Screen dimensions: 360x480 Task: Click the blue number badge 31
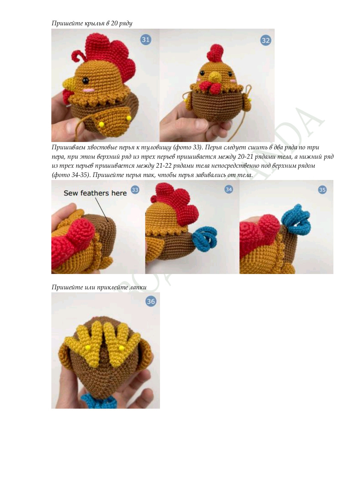tap(146, 40)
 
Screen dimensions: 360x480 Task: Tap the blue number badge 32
tap(266, 40)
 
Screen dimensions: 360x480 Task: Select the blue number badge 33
tap(135, 190)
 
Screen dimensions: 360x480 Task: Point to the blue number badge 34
tap(229, 189)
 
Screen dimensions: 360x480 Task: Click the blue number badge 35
tap(322, 190)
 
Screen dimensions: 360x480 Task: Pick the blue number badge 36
tap(151, 301)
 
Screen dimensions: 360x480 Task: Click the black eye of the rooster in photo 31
tap(85, 81)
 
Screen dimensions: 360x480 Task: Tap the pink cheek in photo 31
tap(89, 90)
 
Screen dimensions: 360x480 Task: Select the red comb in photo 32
tap(216, 53)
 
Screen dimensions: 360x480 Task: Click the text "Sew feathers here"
tap(95, 193)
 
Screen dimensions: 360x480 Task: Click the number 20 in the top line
tap(114, 23)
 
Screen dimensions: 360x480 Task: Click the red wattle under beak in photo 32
tap(210, 87)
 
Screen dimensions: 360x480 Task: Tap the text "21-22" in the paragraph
tap(164, 166)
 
